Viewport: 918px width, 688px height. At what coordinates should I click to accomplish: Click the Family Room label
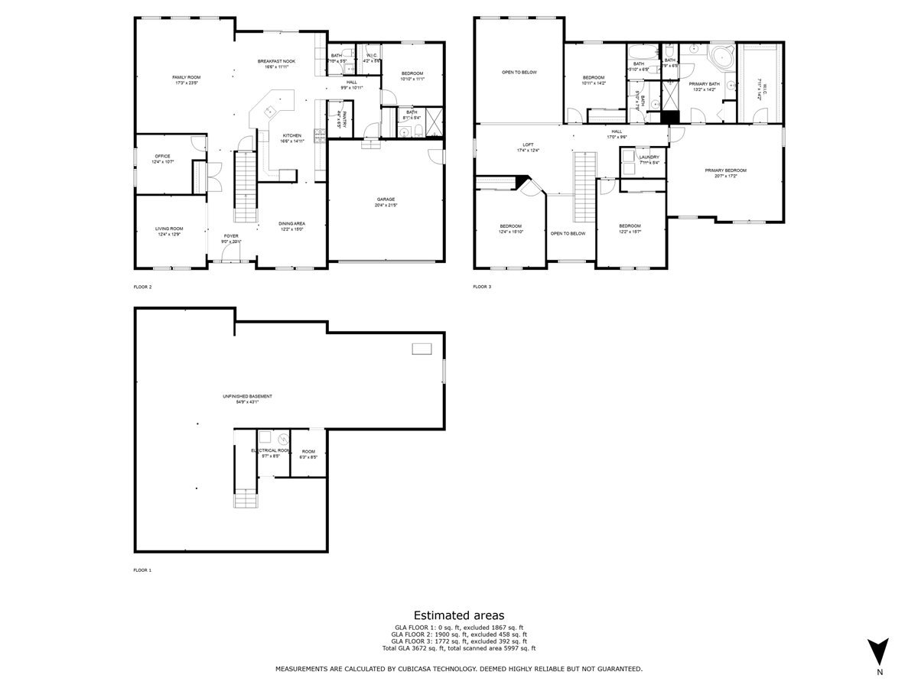[x=186, y=77]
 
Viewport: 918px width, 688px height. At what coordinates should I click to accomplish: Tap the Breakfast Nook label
[x=276, y=61]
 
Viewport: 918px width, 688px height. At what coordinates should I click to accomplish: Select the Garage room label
[x=385, y=200]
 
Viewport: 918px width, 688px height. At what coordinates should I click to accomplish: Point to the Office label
[x=161, y=156]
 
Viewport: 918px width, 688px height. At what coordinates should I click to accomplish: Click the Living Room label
[x=170, y=229]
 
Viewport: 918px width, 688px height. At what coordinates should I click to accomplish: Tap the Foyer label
[x=231, y=236]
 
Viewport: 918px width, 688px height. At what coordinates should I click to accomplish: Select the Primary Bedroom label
[x=725, y=170]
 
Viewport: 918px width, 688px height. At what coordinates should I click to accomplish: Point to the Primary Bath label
[x=704, y=84]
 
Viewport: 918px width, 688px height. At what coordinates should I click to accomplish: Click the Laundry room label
[x=649, y=157]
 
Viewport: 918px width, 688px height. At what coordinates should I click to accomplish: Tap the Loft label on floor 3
[x=528, y=144]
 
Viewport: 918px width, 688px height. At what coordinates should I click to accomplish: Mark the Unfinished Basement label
[x=247, y=396]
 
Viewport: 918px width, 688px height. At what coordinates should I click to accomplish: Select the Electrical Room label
[x=271, y=451]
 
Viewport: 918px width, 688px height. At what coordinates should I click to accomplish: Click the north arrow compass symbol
[x=880, y=651]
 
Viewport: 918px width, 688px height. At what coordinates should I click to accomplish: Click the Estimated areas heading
[x=459, y=615]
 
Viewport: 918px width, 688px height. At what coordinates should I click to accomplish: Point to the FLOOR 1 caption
[x=143, y=570]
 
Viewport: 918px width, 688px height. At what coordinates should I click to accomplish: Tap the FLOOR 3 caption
[x=482, y=287]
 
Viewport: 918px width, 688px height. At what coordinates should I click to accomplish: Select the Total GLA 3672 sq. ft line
[x=459, y=648]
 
